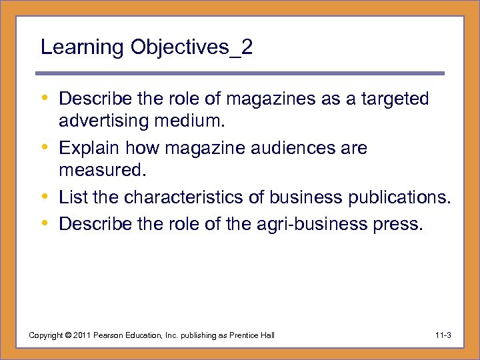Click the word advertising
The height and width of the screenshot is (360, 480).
tap(105, 121)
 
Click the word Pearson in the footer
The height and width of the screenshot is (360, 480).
tap(109, 335)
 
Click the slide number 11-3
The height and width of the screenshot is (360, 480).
tap(441, 335)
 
